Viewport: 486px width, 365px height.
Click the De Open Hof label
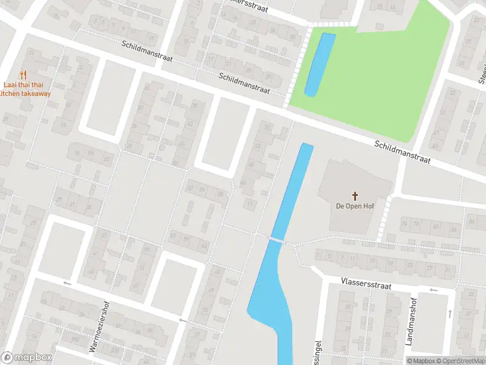pyautogui.click(x=355, y=206)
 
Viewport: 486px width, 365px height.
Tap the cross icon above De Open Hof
pyautogui.click(x=355, y=196)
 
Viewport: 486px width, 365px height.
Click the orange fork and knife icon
pyautogui.click(x=24, y=75)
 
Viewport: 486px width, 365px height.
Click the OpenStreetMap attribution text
pyautogui.click(x=460, y=361)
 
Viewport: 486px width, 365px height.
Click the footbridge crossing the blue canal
pyautogui.click(x=278, y=240)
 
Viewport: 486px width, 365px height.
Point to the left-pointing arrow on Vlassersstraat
pyautogui.click(x=433, y=290)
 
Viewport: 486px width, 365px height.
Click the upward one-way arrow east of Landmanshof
pyautogui.click(x=450, y=313)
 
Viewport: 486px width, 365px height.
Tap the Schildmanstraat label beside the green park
pyautogui.click(x=402, y=152)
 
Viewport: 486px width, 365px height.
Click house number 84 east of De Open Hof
pyautogui.click(x=436, y=228)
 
